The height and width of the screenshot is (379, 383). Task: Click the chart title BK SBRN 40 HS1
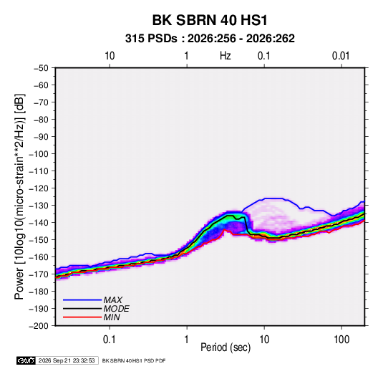[x=210, y=20]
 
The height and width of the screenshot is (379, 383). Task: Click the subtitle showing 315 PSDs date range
[x=210, y=39]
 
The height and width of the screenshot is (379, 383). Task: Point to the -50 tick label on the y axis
[x=41, y=68]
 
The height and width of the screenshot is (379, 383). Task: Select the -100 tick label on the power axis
[x=39, y=154]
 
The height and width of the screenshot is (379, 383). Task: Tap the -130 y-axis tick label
[x=39, y=206]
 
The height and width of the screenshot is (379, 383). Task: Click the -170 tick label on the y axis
[x=39, y=274]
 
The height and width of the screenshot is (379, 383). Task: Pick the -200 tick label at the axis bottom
[x=39, y=326]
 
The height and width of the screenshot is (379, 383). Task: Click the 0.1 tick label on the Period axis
[x=110, y=340]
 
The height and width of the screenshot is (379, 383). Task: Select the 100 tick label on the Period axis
[x=341, y=340]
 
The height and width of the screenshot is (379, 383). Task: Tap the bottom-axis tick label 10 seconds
[x=264, y=340]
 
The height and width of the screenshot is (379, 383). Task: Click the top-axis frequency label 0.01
[x=341, y=56]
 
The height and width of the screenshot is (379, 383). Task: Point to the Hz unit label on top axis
[x=226, y=56]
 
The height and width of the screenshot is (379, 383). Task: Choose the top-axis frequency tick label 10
[x=110, y=56]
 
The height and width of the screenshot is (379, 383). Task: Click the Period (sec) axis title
[x=226, y=347]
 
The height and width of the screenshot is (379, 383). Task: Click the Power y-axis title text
[x=19, y=197]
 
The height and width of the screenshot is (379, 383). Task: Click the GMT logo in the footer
[x=26, y=360]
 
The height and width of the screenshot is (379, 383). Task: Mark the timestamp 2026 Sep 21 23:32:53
[x=67, y=360]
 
